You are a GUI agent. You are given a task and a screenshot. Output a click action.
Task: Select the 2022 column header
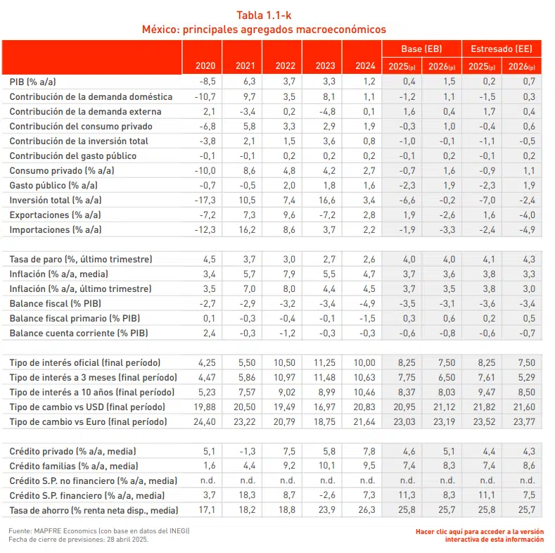(285, 66)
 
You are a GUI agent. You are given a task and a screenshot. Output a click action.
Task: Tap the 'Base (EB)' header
(421, 49)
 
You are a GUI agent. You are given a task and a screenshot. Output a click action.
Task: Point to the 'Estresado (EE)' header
(501, 49)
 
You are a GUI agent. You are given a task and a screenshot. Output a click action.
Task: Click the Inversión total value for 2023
(324, 200)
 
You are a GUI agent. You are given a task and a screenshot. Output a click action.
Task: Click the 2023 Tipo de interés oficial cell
(323, 362)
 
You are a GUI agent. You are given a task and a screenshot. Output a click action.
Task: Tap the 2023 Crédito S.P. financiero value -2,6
(324, 495)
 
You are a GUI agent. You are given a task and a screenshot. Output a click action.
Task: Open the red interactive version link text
(479, 535)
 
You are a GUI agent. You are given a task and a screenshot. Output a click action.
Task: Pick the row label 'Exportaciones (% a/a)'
(56, 215)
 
